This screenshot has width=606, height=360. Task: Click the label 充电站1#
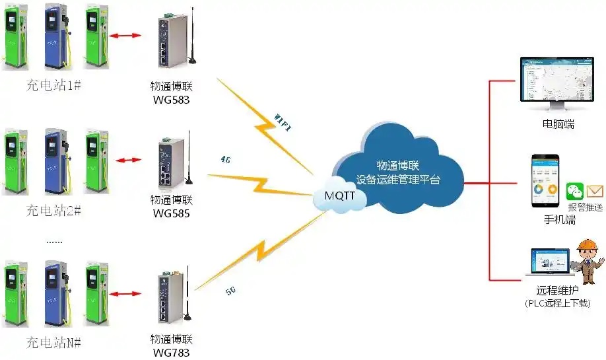click(53, 85)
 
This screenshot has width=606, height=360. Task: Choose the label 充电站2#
click(53, 211)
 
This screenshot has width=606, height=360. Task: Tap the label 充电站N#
click(53, 342)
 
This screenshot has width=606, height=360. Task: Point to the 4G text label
click(225, 159)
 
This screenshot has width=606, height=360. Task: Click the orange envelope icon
click(595, 192)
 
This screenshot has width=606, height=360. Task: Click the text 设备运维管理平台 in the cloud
click(397, 179)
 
